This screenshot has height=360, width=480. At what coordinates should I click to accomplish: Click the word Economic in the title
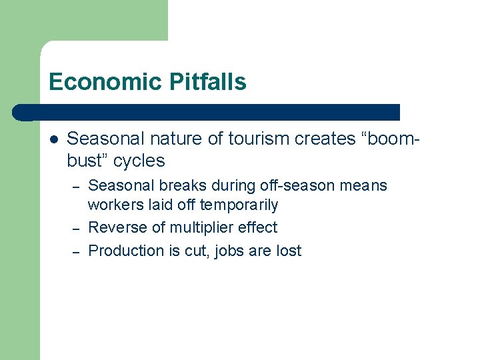(x=95, y=82)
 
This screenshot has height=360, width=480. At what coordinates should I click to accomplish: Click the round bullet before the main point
(x=54, y=139)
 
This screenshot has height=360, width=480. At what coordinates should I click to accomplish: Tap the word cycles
(x=139, y=161)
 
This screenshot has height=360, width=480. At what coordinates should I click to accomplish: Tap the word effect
(x=259, y=227)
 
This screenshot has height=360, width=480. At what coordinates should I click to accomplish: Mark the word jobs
(x=231, y=251)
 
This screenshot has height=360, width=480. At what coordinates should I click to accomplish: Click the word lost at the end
(x=289, y=251)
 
